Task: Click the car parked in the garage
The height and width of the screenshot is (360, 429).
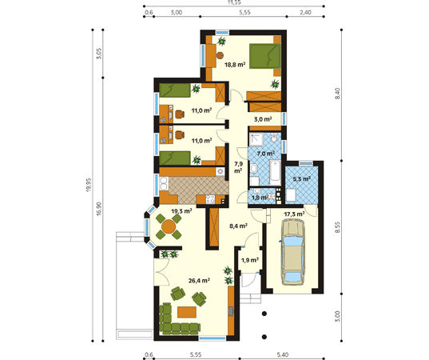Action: pyautogui.click(x=293, y=253)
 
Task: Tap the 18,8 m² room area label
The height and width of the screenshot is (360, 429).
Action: pyautogui.click(x=235, y=65)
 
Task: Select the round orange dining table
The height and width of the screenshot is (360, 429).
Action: pyautogui.click(x=169, y=227)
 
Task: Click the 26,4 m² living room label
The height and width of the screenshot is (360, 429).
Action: pyautogui.click(x=199, y=281)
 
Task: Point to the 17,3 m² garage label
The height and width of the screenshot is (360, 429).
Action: pyautogui.click(x=294, y=214)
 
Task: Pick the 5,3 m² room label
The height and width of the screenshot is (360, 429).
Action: pyautogui.click(x=301, y=179)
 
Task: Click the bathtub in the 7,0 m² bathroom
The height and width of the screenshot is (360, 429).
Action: pyautogui.click(x=276, y=173)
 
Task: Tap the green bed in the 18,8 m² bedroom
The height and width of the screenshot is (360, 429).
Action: pyautogui.click(x=265, y=56)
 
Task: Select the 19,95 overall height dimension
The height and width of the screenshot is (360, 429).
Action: pyautogui.click(x=88, y=185)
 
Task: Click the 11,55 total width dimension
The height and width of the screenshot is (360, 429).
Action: pyautogui.click(x=234, y=2)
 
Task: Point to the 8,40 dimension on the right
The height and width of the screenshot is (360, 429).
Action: pyautogui.click(x=338, y=94)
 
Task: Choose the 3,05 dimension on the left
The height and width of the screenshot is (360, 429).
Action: pyautogui.click(x=99, y=54)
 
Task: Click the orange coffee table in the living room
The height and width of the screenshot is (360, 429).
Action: pyautogui.click(x=187, y=312)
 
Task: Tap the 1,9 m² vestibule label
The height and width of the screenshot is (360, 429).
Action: pyautogui.click(x=250, y=260)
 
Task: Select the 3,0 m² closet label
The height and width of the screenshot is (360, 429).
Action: pyautogui.click(x=263, y=119)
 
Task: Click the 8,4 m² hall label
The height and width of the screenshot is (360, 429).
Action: pyautogui.click(x=238, y=226)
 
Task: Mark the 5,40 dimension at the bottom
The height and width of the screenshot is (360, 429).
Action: pyautogui.click(x=282, y=354)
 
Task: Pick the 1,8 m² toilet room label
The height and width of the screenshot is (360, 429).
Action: pyautogui.click(x=259, y=198)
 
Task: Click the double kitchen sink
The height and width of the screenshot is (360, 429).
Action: pyautogui.click(x=164, y=183)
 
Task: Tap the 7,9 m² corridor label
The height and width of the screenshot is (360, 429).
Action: pyautogui.click(x=238, y=167)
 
